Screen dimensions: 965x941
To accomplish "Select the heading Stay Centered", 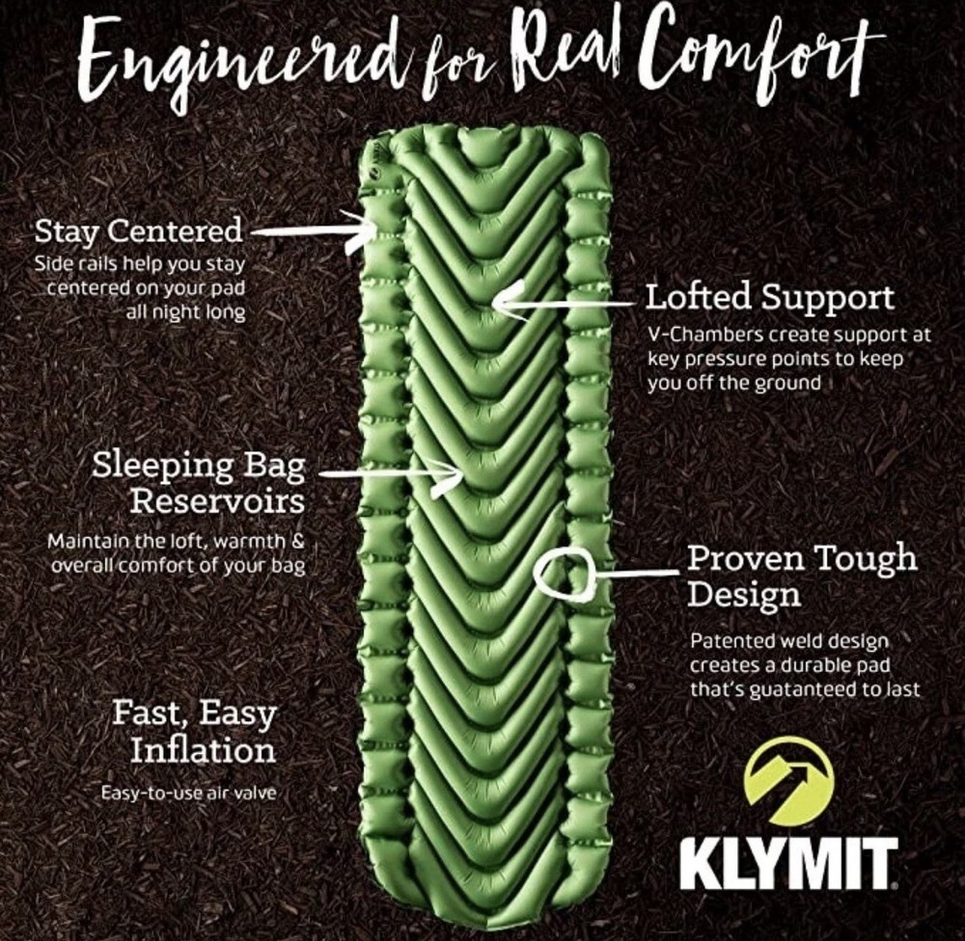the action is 138,231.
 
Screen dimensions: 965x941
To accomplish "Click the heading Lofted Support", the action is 769,296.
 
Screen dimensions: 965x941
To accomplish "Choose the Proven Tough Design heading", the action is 801,575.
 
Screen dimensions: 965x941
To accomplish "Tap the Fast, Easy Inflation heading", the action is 194,732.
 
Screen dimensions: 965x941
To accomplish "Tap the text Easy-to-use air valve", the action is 189,793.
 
